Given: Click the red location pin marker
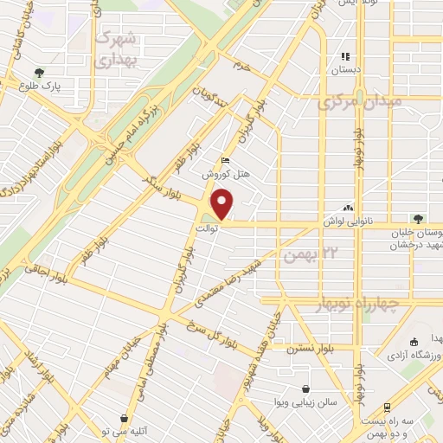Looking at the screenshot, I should pyautogui.click(x=223, y=202).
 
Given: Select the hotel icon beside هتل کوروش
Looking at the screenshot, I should pyautogui.click(x=226, y=159).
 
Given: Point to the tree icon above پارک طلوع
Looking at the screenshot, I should pyautogui.click(x=38, y=72).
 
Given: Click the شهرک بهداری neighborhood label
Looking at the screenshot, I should pyautogui.click(x=115, y=49).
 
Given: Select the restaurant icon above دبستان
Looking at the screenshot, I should pyautogui.click(x=346, y=57).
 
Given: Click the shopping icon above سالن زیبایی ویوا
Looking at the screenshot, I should pyautogui.click(x=305, y=388).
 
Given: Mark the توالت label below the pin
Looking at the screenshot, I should pyautogui.click(x=223, y=228).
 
